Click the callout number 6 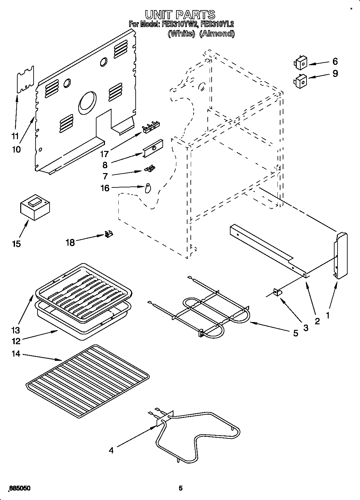(x=335, y=61)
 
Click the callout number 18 (x=70, y=242)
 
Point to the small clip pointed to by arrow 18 (x=109, y=234)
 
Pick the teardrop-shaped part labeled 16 (x=148, y=188)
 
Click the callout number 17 (x=104, y=154)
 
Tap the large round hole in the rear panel (x=87, y=103)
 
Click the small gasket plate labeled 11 (x=25, y=80)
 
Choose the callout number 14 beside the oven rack (x=16, y=354)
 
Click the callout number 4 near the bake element (x=111, y=451)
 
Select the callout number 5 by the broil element (x=295, y=333)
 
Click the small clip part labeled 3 (x=278, y=292)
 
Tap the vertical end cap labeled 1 (x=341, y=256)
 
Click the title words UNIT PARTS (x=180, y=14)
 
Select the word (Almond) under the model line (x=217, y=34)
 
